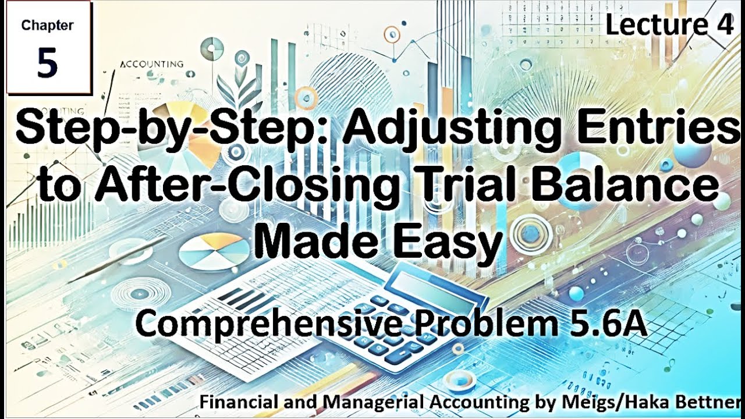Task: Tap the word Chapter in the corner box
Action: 47,25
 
